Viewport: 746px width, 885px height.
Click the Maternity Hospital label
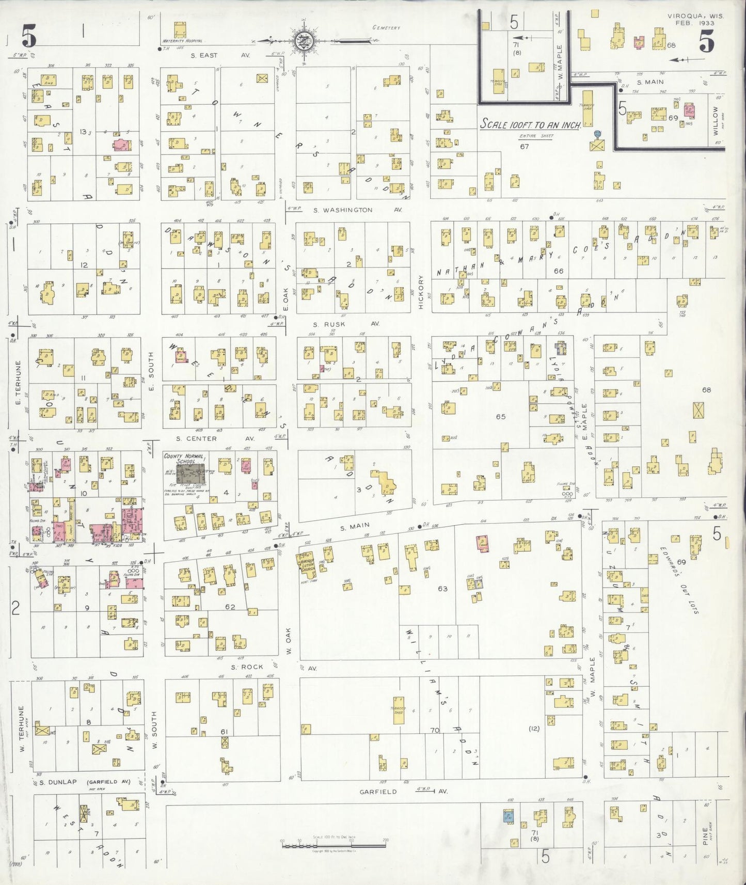[182, 41]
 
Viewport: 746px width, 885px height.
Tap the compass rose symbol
[302, 40]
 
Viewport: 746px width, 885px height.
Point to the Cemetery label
[386, 28]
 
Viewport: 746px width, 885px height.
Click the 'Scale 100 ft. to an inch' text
[531, 124]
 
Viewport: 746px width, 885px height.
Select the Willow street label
[715, 120]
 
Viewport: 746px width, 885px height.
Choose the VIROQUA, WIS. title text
[695, 16]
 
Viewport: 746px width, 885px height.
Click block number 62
[230, 607]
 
